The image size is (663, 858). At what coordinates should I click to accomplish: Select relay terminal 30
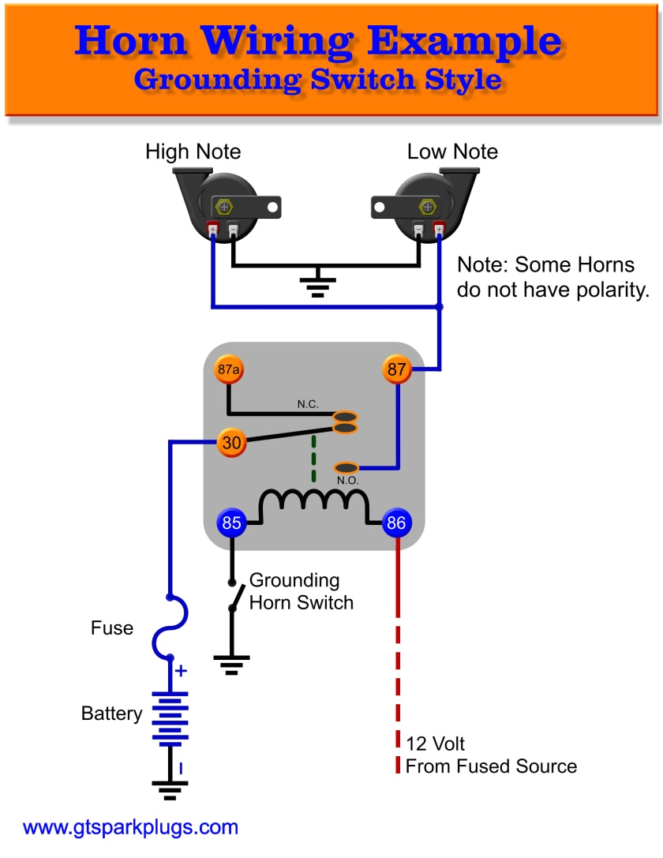231,443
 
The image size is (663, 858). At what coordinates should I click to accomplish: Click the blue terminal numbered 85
231,522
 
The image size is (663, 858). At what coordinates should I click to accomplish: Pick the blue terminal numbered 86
396,522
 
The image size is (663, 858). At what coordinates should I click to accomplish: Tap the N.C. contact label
309,404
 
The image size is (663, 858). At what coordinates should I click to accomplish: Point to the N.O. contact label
347,481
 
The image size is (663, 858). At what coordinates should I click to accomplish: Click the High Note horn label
193,152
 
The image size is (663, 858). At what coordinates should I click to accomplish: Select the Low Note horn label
452,152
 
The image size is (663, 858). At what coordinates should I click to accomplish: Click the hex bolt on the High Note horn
225,208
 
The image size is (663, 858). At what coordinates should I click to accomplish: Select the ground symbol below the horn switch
231,665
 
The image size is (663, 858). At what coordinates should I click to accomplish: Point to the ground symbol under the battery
170,790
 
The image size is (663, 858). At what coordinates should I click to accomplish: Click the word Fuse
112,629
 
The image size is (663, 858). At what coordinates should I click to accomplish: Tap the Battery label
112,714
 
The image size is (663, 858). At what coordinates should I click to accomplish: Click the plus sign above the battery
181,671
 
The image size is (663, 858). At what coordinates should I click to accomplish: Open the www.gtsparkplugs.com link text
130,828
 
